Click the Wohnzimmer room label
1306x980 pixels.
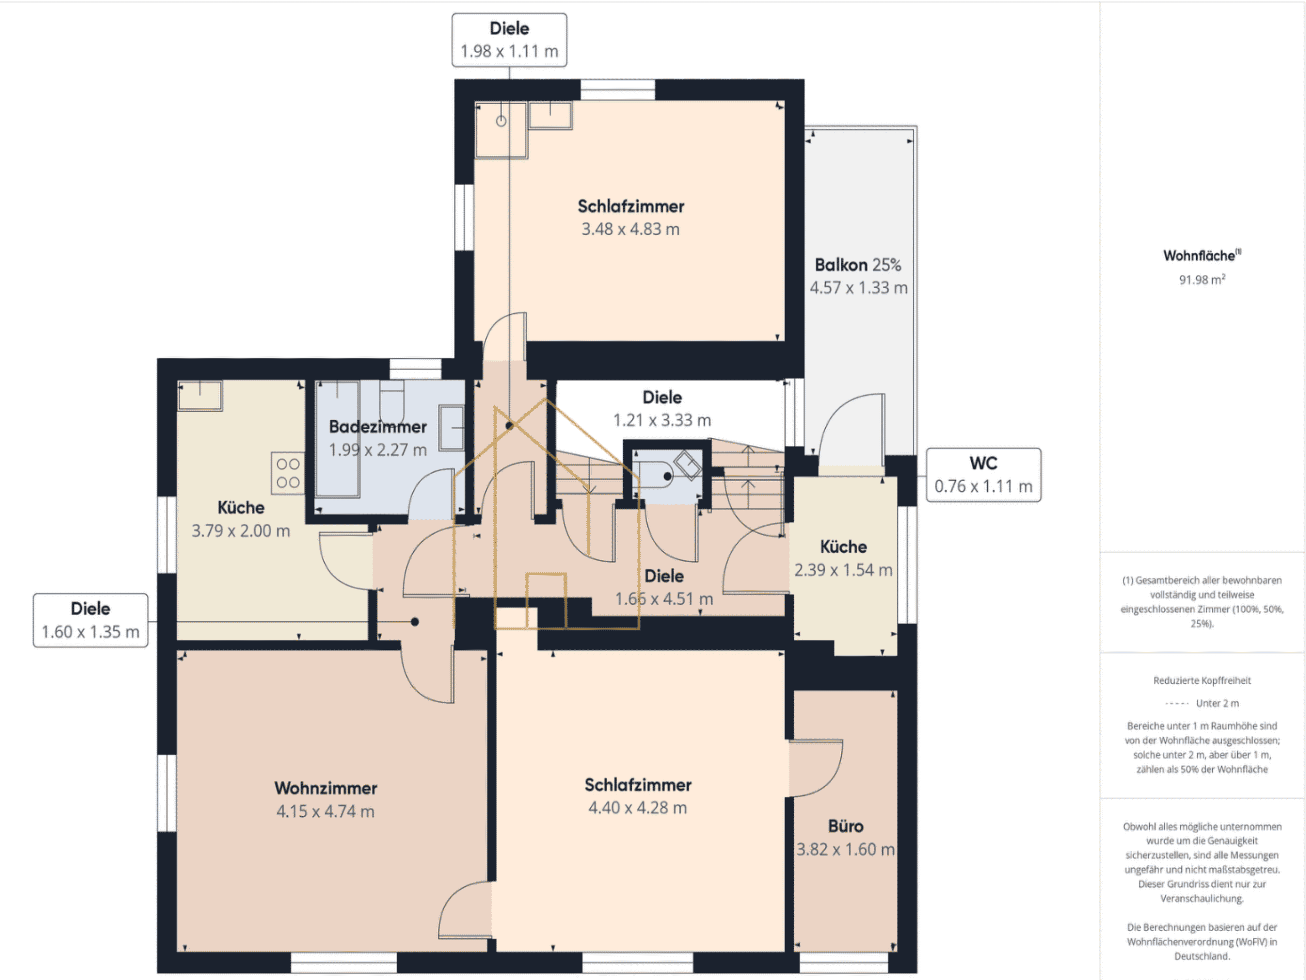325,788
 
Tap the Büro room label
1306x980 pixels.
846,826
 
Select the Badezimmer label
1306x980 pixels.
378,427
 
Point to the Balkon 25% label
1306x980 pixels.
858,265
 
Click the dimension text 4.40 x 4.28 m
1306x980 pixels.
638,808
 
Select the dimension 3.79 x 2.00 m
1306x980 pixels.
241,531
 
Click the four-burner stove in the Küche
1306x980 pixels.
288,473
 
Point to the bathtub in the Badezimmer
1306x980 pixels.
338,439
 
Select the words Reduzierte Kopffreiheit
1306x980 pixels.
1202,680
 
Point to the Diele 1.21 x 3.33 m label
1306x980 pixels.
662,409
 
